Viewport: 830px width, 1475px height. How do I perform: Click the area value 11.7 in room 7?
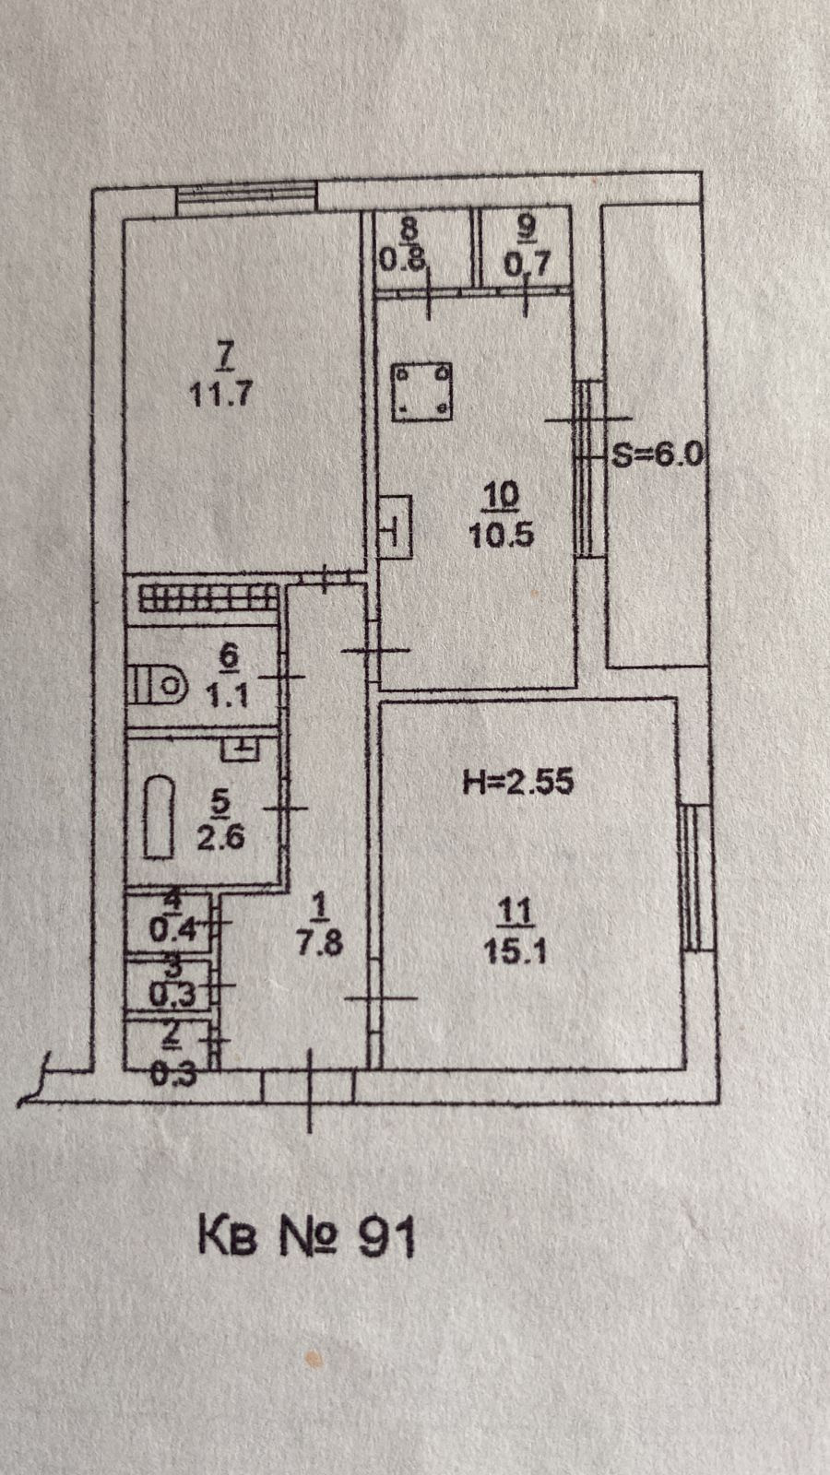click(x=221, y=395)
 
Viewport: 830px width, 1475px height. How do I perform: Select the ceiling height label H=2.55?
click(x=516, y=783)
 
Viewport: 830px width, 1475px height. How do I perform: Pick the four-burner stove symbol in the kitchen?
click(x=421, y=389)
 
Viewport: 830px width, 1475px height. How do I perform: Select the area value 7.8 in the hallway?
click(x=319, y=945)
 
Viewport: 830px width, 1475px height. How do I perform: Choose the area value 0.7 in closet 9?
click(x=527, y=265)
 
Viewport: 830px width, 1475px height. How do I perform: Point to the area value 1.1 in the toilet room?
click(x=227, y=693)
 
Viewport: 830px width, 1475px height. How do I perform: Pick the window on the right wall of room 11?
click(x=696, y=877)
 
